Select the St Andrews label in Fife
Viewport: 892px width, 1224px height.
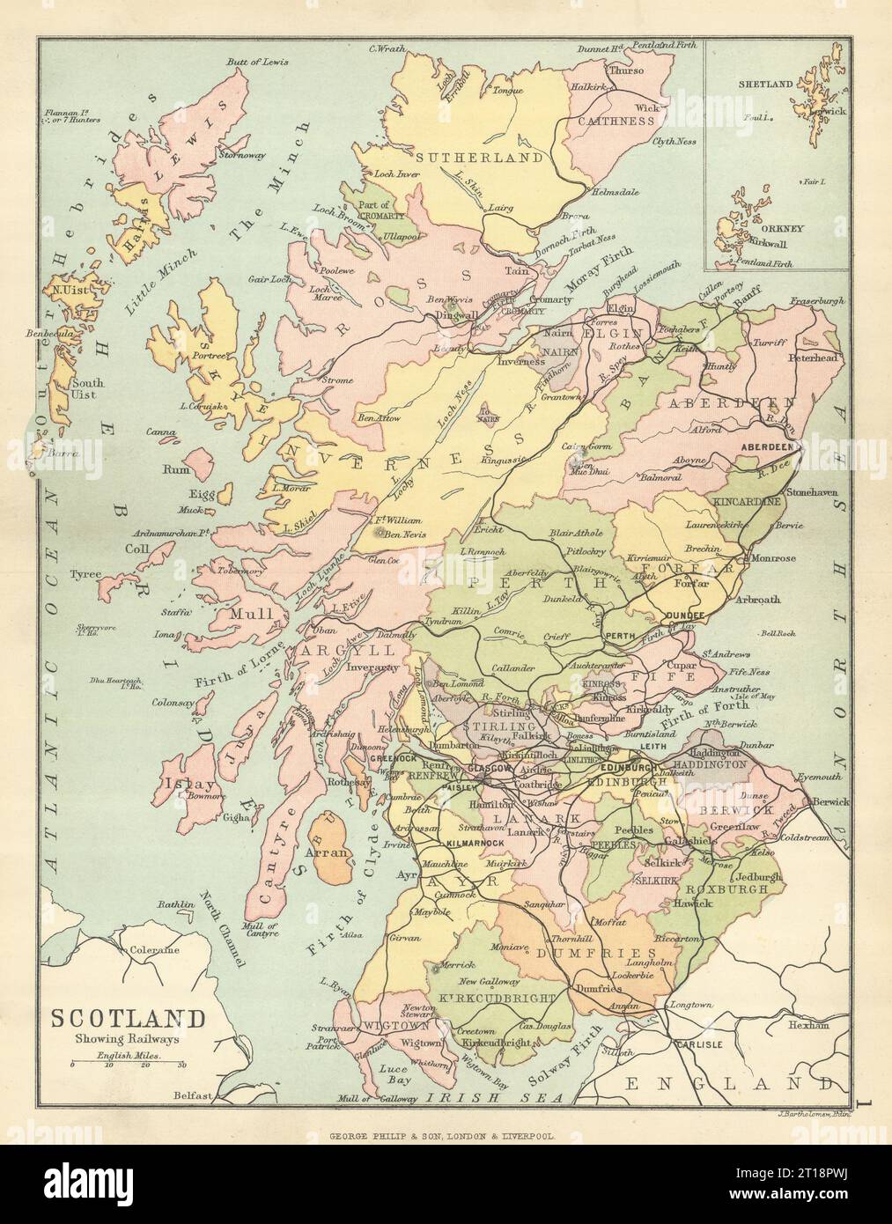(726, 655)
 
